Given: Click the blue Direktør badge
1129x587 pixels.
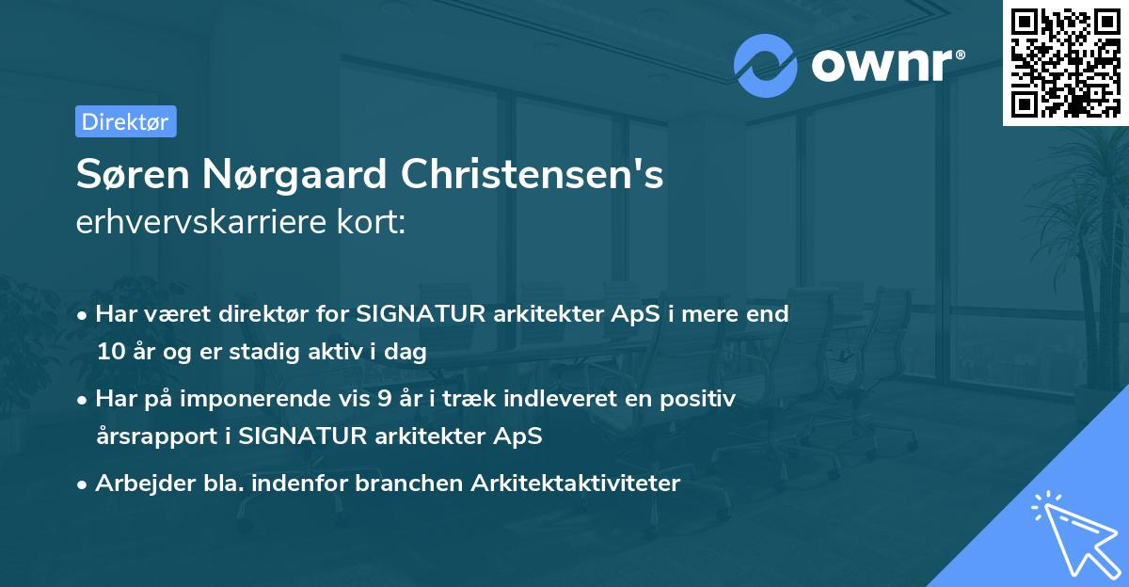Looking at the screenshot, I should coord(125,121).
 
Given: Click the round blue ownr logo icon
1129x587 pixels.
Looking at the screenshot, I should coord(766,65).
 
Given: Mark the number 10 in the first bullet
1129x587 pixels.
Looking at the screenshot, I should coord(109,352).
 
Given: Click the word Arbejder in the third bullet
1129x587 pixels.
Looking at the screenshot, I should coord(137,483).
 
